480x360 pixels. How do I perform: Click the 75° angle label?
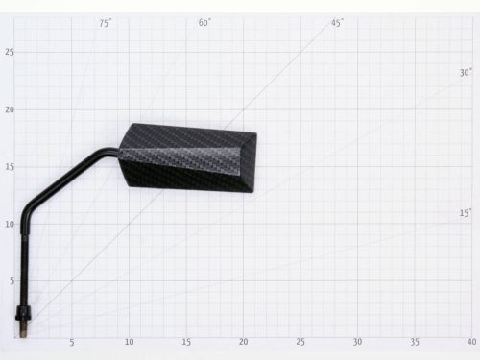tap(105, 23)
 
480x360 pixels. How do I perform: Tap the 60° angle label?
tap(204, 22)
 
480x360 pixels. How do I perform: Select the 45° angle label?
tap(337, 22)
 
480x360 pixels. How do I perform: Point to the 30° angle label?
tap(466, 72)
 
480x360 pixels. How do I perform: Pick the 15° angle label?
tap(465, 213)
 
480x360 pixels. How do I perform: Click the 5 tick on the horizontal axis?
tap(71, 342)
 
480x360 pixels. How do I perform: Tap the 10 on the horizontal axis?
tap(129, 342)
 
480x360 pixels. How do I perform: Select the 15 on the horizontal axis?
tap(186, 342)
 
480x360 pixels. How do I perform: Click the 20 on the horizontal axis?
tap(243, 342)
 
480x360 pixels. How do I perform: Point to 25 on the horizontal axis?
tap(300, 342)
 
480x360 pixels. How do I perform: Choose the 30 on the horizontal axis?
tap(357, 342)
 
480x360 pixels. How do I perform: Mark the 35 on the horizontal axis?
tap(415, 342)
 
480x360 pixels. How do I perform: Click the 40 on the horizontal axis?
tap(470, 342)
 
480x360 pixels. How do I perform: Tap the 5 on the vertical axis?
tap(12, 281)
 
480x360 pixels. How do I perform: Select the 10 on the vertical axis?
tap(10, 225)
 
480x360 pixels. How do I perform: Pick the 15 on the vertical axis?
tap(10, 167)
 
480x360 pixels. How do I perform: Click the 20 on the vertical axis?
tap(10, 109)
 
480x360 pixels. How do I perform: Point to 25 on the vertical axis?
tap(10, 52)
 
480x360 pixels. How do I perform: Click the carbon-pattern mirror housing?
tap(187, 159)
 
